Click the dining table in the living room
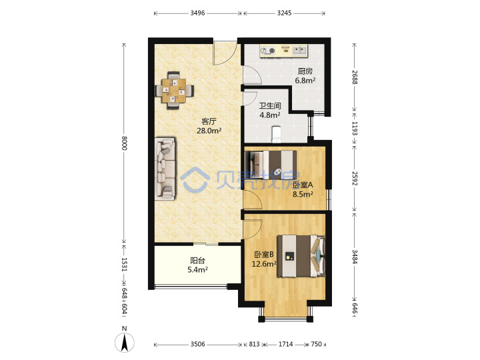(x=174, y=91)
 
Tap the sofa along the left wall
(x=165, y=169)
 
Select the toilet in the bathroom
(x=277, y=134)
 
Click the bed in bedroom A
(x=271, y=165)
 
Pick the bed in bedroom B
(x=301, y=256)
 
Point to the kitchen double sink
(x=300, y=50)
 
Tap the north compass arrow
(x=125, y=342)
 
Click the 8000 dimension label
(x=124, y=143)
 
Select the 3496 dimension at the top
(x=197, y=13)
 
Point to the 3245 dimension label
(x=285, y=13)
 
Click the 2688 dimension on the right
(x=354, y=77)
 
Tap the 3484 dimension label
(x=354, y=257)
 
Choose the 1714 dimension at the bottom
(x=285, y=345)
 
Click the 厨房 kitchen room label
(x=305, y=71)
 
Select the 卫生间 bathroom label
(x=270, y=106)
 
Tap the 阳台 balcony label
(x=197, y=261)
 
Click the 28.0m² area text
(x=209, y=131)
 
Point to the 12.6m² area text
(x=264, y=264)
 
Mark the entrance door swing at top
(x=225, y=53)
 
